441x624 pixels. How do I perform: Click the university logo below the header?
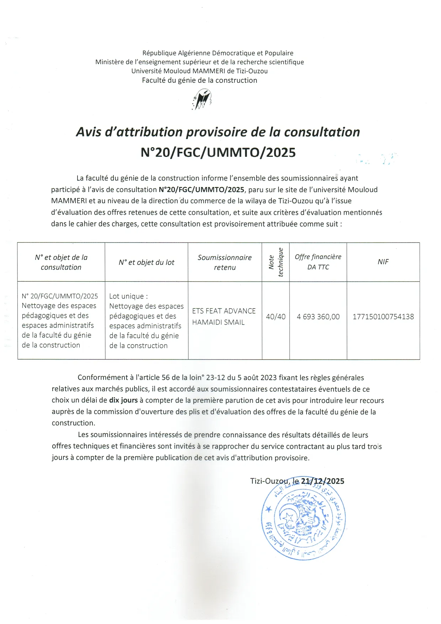click(202, 99)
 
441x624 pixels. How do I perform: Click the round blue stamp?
click(303, 522)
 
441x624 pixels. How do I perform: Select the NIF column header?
click(383, 262)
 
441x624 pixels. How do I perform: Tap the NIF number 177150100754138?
click(383, 317)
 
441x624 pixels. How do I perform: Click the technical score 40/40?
click(276, 317)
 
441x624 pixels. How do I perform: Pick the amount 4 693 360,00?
click(318, 317)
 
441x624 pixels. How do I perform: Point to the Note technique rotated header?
click(276, 262)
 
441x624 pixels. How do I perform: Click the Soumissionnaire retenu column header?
click(225, 262)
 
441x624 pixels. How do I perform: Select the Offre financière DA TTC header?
click(318, 262)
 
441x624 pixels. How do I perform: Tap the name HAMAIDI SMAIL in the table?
click(218, 322)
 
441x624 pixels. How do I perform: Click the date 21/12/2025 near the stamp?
click(323, 481)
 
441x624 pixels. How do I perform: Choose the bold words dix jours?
click(123, 400)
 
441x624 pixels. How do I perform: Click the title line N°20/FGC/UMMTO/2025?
click(218, 153)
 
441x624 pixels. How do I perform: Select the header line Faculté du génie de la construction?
click(200, 80)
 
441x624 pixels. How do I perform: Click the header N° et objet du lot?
click(147, 262)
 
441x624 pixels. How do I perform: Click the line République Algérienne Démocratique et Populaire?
click(218, 53)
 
